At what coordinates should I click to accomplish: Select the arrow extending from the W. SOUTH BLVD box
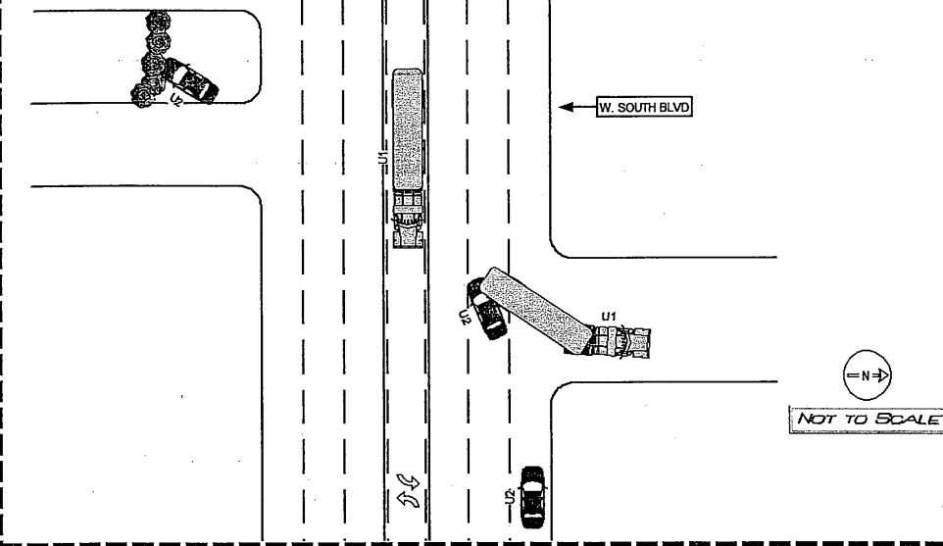[577, 107]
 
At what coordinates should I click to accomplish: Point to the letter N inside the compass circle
[866, 375]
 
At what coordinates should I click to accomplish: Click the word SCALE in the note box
[908, 419]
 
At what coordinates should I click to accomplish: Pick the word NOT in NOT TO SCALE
[818, 419]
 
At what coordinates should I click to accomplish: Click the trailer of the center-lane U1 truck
[407, 130]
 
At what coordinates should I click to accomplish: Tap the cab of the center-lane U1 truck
[408, 220]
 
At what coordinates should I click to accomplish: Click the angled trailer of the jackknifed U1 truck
[535, 311]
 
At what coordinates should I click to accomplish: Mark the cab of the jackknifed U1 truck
[620, 342]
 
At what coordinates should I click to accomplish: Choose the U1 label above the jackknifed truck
[609, 317]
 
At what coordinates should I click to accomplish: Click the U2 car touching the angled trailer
[487, 309]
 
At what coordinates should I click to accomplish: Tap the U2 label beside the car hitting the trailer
[464, 317]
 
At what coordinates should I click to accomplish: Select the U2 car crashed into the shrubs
[191, 80]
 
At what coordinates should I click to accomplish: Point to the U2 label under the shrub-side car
[176, 99]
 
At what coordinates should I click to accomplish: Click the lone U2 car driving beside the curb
[532, 497]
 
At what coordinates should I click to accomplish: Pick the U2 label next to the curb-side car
[510, 497]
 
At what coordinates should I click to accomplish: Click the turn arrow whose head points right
[409, 481]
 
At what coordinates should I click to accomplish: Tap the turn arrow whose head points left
[409, 499]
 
